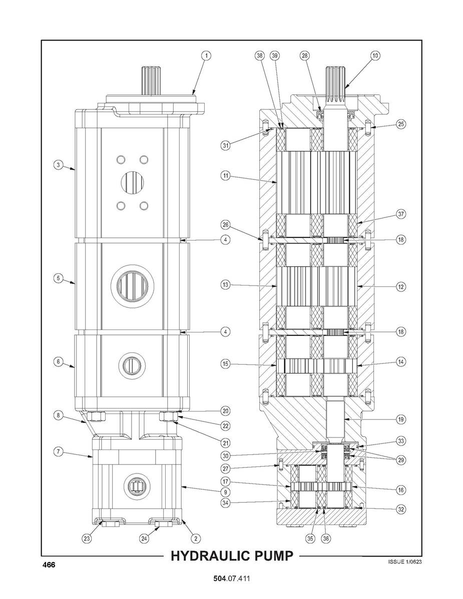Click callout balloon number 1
(x=206, y=55)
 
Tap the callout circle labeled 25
(x=400, y=124)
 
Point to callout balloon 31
(x=226, y=145)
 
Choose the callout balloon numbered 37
(x=400, y=214)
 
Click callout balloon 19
(x=400, y=419)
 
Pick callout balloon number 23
(x=87, y=538)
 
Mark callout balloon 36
(x=326, y=538)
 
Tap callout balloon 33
(x=400, y=441)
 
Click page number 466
(x=49, y=564)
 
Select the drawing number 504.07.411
(x=231, y=578)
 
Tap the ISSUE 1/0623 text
(x=405, y=561)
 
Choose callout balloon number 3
(x=58, y=165)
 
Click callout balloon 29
(x=400, y=460)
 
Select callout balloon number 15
(x=226, y=363)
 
